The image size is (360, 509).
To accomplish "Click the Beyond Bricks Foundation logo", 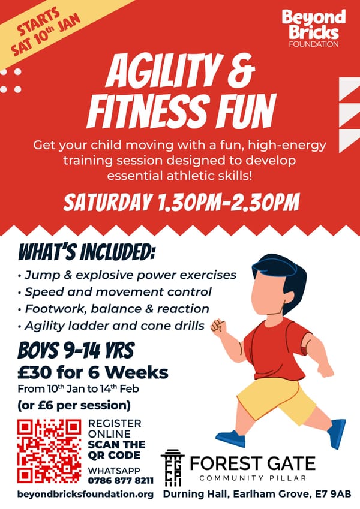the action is coord(314,28).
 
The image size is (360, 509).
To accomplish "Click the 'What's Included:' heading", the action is coord(86,252).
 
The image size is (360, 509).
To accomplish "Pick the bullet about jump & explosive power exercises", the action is coord(127,275).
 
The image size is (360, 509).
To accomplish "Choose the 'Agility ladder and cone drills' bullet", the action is coord(111,326).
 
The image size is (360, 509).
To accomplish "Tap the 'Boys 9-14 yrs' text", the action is coord(76,351).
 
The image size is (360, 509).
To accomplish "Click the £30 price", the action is coord(35,372).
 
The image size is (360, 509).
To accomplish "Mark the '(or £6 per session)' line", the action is coord(74,405).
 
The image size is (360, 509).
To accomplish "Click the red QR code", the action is coord(49,451).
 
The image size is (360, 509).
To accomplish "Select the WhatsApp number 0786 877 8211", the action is coord(121,480).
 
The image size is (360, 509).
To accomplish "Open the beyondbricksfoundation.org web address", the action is coord(85,495).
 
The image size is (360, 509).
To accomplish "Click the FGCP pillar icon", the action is coord(173,468).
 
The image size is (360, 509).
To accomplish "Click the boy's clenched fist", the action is coord(218,326).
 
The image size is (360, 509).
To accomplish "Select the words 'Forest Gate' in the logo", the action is coord(253,463).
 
